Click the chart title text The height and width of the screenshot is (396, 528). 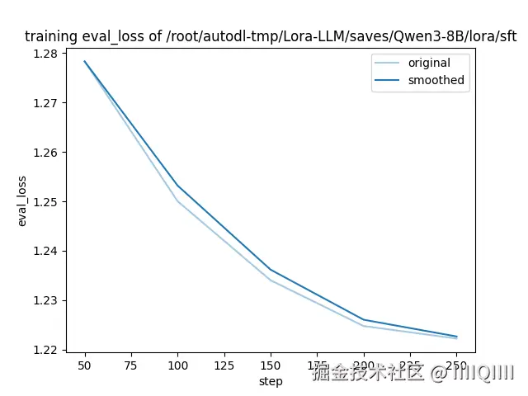click(x=271, y=36)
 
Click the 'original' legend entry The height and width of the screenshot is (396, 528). click(x=429, y=63)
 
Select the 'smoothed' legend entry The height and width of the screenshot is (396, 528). click(x=436, y=81)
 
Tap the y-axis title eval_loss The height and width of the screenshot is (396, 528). click(x=22, y=201)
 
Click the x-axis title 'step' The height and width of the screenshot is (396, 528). click(x=271, y=381)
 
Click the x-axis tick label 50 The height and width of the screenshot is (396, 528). click(x=84, y=365)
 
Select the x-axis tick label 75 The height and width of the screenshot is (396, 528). click(x=130, y=365)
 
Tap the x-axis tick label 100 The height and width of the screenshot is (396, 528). click(x=177, y=365)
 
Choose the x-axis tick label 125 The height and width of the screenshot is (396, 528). click(x=224, y=365)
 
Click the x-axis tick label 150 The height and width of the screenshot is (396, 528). click(x=271, y=365)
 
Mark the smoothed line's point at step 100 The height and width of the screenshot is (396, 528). click(x=177, y=186)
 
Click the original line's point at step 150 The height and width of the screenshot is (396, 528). click(x=271, y=280)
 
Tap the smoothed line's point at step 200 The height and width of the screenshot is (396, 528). click(x=364, y=319)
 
